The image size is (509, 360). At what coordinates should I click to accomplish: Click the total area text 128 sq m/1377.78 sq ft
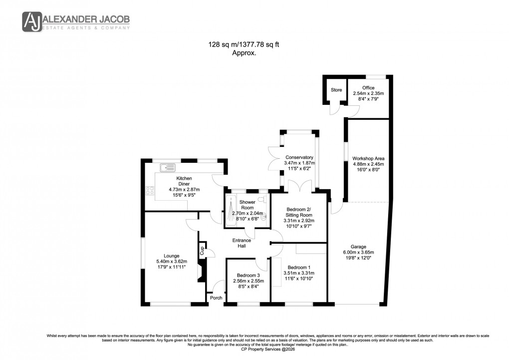click(244, 44)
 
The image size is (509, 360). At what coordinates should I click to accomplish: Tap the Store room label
click(336, 90)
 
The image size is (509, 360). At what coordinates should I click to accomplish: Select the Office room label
click(368, 88)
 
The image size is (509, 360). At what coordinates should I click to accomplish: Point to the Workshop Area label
click(368, 158)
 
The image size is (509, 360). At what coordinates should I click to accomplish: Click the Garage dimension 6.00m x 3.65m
click(358, 253)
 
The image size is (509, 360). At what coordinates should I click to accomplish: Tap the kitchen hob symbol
click(149, 190)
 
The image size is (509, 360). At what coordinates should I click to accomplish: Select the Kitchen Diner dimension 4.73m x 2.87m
click(184, 190)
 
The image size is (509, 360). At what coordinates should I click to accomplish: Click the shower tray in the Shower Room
click(231, 211)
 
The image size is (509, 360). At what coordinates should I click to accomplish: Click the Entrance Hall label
click(242, 243)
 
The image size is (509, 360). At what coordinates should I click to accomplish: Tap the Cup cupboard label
click(202, 251)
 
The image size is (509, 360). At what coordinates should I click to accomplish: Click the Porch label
click(216, 298)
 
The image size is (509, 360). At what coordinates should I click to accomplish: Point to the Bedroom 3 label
click(248, 275)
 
